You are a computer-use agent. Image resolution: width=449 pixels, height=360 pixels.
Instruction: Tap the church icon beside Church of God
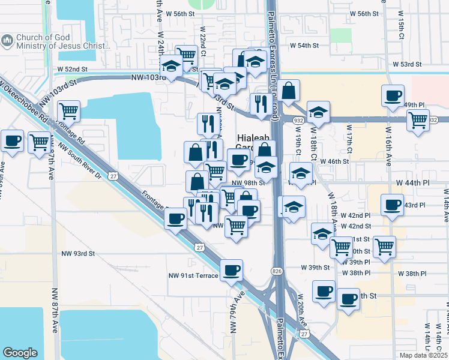(x=7, y=41)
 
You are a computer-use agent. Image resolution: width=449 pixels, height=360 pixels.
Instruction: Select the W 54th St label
(x=304, y=46)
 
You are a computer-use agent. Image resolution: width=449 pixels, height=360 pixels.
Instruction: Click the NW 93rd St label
(x=79, y=254)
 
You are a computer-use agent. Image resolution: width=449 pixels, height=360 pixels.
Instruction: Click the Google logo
(x=20, y=353)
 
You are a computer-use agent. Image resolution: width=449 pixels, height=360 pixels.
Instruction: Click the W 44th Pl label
(x=413, y=182)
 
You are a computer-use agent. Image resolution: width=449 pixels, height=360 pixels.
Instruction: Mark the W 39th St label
(x=315, y=267)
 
